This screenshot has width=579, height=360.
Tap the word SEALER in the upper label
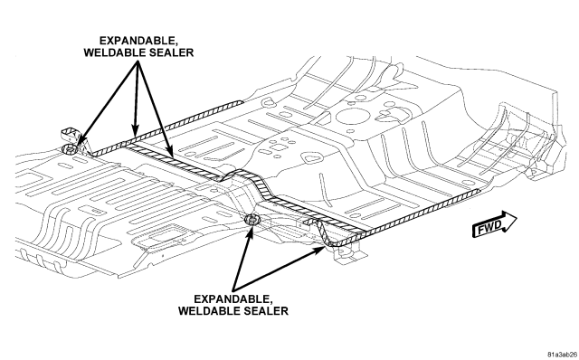[x=171, y=52]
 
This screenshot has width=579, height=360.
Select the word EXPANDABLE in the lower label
[x=231, y=298]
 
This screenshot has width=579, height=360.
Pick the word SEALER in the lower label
[x=266, y=310]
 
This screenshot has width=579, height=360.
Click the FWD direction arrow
[x=494, y=224]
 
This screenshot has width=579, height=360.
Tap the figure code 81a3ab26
[x=562, y=355]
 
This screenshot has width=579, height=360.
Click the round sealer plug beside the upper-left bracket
[x=69, y=149]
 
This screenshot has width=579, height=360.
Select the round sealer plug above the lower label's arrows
[x=252, y=220]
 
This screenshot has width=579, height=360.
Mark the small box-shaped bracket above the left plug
[x=70, y=135]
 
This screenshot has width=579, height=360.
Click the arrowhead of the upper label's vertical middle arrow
[x=135, y=130]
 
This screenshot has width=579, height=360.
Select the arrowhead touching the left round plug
[x=78, y=145]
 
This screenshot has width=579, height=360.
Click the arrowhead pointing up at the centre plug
[x=251, y=230]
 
